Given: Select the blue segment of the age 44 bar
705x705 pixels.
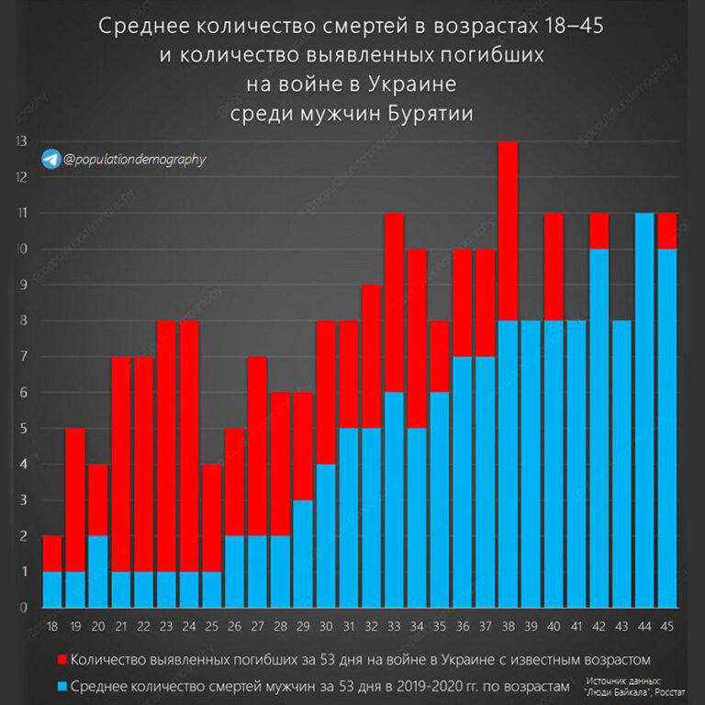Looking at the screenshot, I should pos(645,409).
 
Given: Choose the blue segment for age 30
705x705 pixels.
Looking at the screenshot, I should pos(326,535).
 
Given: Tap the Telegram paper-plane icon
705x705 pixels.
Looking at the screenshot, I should pos(50,159).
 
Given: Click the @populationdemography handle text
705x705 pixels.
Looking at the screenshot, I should pos(135,160).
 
